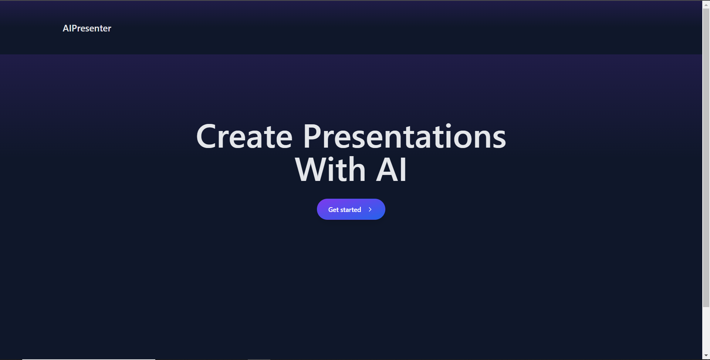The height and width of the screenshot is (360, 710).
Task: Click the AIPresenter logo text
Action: click(x=87, y=28)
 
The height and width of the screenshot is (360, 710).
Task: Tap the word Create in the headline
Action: click(x=244, y=137)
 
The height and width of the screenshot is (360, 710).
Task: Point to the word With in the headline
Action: click(x=330, y=169)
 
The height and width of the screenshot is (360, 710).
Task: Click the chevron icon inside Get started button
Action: click(x=370, y=209)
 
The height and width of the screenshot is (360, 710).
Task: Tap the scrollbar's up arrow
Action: click(x=706, y=4)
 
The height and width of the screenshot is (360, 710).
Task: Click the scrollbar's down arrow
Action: click(x=706, y=356)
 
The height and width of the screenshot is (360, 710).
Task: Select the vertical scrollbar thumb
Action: click(x=706, y=158)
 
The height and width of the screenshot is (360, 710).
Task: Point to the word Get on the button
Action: click(x=334, y=210)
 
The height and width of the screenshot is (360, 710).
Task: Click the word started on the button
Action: click(x=351, y=210)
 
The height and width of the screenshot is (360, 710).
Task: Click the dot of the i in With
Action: click(x=332, y=159)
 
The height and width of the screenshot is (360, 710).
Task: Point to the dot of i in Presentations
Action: click(x=449, y=126)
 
